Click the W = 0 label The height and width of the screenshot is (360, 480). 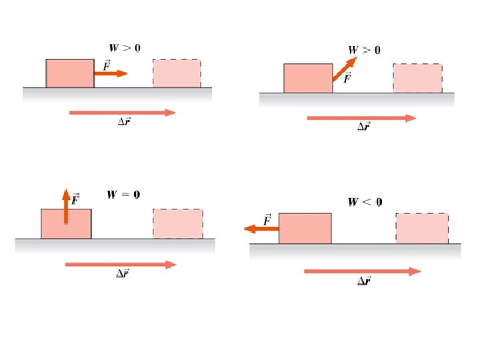pos(123,195)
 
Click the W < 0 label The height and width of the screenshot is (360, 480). pos(364,202)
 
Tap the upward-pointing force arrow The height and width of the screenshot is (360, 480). pos(66,206)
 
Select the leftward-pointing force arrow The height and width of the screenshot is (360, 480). pos(261,229)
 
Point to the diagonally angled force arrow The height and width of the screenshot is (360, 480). pos(343,69)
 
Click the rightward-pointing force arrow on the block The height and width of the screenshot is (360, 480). pos(111,73)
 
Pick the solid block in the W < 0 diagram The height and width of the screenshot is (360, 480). pos(305,229)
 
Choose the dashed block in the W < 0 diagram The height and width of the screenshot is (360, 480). pos(422,229)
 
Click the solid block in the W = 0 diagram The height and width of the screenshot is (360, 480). pos(66,224)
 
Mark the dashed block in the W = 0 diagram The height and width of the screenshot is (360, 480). pos(178,224)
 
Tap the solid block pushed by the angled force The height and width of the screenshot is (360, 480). pos(308,79)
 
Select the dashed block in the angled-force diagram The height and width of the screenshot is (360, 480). pos(417,78)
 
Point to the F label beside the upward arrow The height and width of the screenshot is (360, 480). pos(76,198)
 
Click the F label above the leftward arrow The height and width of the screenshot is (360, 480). pos(267,219)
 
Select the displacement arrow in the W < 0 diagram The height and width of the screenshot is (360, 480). pos(362,271)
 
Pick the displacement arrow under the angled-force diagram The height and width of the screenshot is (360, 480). pos(361,118)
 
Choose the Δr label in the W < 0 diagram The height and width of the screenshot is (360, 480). pos(364,281)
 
